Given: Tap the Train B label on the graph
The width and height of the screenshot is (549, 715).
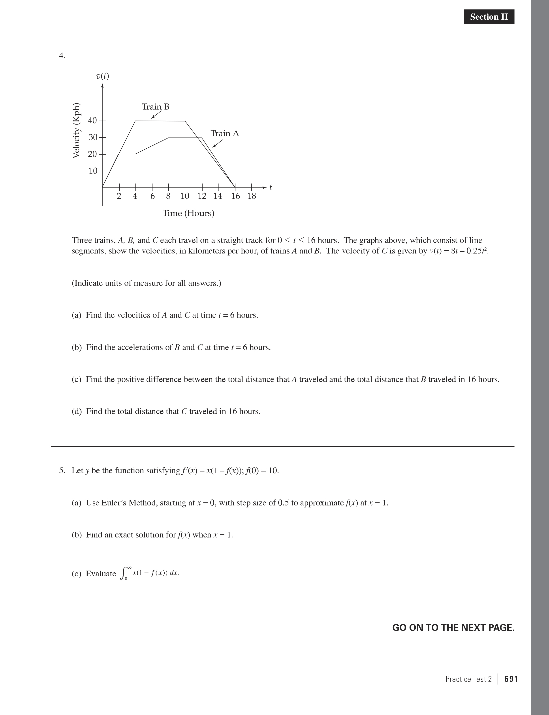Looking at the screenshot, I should (x=156, y=107).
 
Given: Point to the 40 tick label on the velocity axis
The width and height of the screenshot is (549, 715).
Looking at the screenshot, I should (x=92, y=121).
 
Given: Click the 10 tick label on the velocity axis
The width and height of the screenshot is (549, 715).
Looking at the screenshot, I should (x=93, y=171).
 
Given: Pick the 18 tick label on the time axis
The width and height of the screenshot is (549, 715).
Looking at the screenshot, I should (x=252, y=196).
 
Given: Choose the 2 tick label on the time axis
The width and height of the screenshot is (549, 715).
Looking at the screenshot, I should (x=119, y=196).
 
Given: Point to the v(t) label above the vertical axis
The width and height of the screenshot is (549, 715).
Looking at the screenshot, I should (x=103, y=76).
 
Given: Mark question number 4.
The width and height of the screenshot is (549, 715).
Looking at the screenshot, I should (x=62, y=56).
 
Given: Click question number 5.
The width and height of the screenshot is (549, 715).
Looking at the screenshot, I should (x=62, y=471).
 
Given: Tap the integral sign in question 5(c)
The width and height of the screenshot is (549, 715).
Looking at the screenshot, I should (x=123, y=573).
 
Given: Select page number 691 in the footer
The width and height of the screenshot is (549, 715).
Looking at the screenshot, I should (x=511, y=679).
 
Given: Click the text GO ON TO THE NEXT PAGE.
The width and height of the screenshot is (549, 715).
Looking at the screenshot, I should (x=453, y=628).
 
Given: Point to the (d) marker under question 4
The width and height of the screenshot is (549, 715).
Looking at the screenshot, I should (x=77, y=412).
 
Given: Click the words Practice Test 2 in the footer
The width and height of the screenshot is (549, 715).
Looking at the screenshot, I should (x=468, y=679).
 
